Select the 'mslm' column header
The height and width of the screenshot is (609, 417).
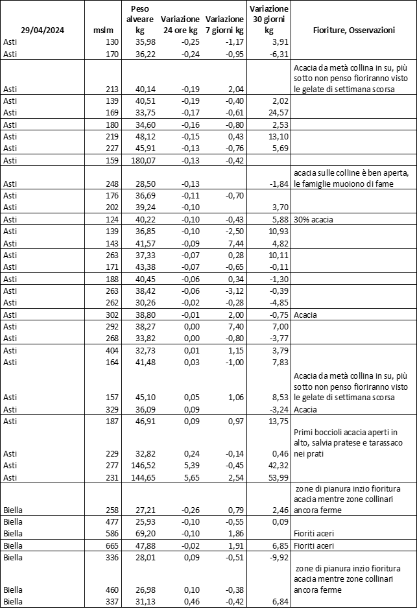point(103,30)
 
